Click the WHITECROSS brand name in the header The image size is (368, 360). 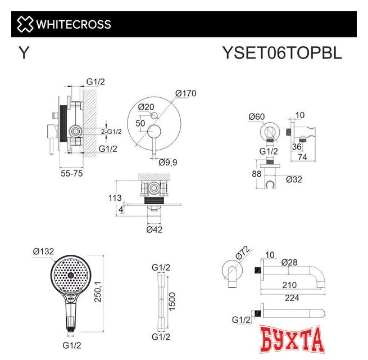point(74,24)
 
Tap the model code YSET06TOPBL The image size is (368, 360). point(281,53)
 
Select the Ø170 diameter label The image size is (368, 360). point(185,93)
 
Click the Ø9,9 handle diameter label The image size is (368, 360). point(168,163)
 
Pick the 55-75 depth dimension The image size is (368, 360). point(72,175)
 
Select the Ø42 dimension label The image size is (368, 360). point(155,229)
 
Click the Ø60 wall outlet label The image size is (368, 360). point(257,117)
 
